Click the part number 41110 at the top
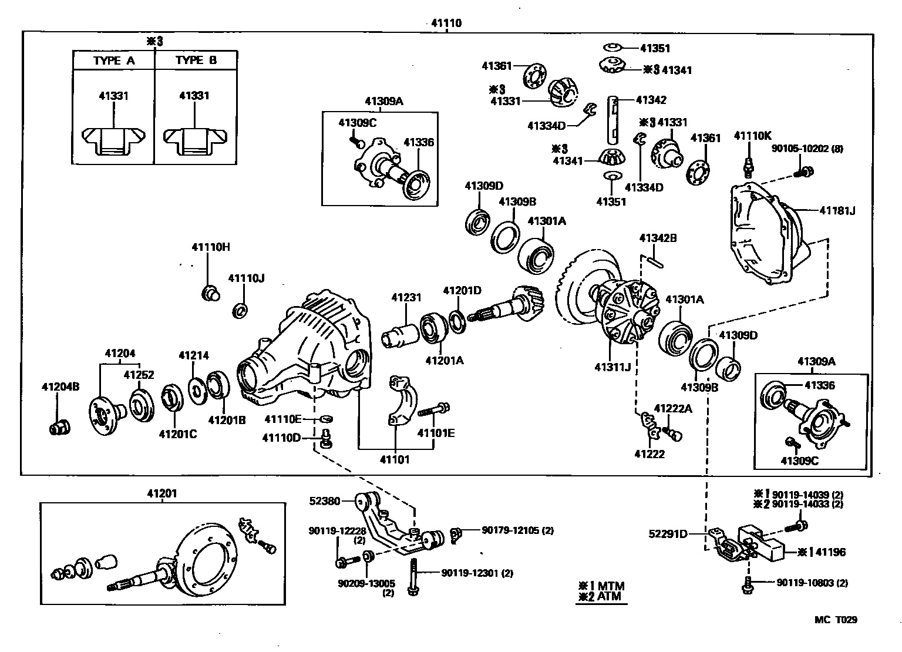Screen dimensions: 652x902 tap(446, 23)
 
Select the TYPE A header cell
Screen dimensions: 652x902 tap(113, 61)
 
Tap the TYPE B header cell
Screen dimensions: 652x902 tap(196, 61)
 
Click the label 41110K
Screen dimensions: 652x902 tap(752, 136)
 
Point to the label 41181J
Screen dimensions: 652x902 tap(837, 210)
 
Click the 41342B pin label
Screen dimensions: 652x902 tap(658, 238)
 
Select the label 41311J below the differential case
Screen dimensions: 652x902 tap(612, 368)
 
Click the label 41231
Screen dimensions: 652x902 tap(406, 298)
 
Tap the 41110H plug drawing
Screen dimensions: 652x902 tap(210, 291)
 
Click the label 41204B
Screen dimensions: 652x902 tap(60, 387)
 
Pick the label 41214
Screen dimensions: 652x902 tap(194, 355)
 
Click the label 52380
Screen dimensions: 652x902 tap(325, 501)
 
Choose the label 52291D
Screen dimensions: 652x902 tap(668, 534)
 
